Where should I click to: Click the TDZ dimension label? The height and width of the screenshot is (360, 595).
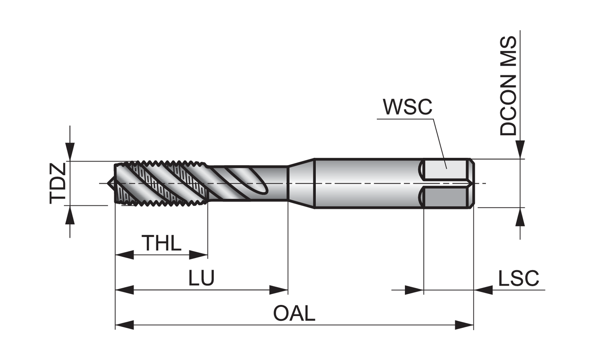pyautogui.click(x=58, y=183)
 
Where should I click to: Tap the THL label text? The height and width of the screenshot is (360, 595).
pyautogui.click(x=161, y=243)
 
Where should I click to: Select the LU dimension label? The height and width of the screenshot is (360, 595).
pyautogui.click(x=202, y=278)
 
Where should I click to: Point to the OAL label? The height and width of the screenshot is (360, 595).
pyautogui.click(x=294, y=314)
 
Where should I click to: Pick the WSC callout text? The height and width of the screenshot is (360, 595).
pyautogui.click(x=407, y=107)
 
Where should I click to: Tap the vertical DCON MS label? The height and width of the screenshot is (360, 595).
pyautogui.click(x=509, y=86)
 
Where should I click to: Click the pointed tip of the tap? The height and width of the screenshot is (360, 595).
pyautogui.click(x=109, y=183)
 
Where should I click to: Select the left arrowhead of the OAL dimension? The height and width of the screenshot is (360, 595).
pyautogui.click(x=124, y=325)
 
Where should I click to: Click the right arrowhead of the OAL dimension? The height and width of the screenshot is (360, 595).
pyautogui.click(x=464, y=325)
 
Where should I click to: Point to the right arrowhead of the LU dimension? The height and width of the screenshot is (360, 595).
pyautogui.click(x=278, y=290)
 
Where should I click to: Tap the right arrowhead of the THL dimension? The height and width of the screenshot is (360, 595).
pyautogui.click(x=198, y=255)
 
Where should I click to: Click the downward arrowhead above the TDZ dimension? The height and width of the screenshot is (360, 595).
pyautogui.click(x=70, y=153)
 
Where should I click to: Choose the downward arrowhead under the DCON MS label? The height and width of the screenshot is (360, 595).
pyautogui.click(x=520, y=150)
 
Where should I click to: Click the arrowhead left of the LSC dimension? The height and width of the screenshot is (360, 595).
pyautogui.click(x=414, y=290)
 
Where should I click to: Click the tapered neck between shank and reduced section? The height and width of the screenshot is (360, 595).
pyautogui.click(x=301, y=183)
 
